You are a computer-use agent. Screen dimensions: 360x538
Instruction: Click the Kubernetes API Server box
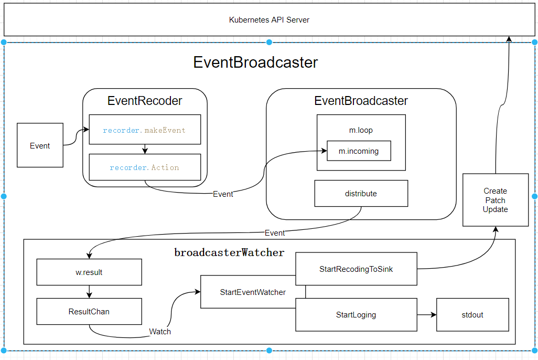click(269, 20)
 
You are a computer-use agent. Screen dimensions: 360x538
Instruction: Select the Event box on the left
click(40, 145)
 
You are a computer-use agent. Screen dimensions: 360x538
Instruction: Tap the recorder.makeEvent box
click(145, 130)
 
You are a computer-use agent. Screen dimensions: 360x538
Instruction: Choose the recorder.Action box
click(145, 167)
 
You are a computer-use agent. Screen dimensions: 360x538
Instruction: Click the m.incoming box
click(359, 151)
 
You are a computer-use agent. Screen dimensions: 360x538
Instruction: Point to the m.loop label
click(361, 130)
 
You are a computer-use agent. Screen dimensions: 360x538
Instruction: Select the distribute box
click(361, 194)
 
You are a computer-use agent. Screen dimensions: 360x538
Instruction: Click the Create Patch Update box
click(496, 200)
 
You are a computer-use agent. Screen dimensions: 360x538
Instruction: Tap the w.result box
click(89, 272)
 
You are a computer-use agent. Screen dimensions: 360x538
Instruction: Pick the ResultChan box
click(89, 312)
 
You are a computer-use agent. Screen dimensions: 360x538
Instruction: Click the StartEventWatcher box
click(253, 292)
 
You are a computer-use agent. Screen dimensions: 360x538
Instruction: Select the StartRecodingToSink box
click(356, 269)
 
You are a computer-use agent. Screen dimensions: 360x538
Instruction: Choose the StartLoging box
click(356, 315)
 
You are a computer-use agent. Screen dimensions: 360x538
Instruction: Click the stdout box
click(472, 315)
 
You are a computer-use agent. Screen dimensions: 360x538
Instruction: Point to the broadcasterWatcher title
click(229, 252)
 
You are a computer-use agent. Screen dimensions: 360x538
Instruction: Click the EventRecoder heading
click(145, 101)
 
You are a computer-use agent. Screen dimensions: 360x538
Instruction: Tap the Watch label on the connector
click(160, 332)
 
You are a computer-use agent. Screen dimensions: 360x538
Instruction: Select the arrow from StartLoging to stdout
click(427, 315)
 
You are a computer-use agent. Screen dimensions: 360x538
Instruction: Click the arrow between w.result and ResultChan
click(89, 292)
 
